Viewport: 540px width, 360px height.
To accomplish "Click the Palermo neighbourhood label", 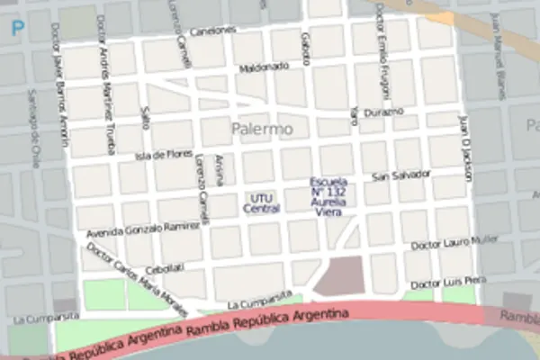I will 262,130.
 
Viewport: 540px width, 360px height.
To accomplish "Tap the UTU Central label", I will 261,202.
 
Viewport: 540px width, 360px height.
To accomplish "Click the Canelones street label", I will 213,31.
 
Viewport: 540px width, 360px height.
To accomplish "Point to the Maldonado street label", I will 264,67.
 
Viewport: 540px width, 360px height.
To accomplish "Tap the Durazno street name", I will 385,112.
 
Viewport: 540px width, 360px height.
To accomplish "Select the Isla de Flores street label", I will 164,156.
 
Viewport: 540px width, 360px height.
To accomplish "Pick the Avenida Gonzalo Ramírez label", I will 143,229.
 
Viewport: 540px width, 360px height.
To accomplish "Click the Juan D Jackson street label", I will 466,147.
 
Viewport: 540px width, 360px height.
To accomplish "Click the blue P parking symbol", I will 17,28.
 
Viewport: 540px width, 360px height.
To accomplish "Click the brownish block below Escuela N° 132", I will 338,275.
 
